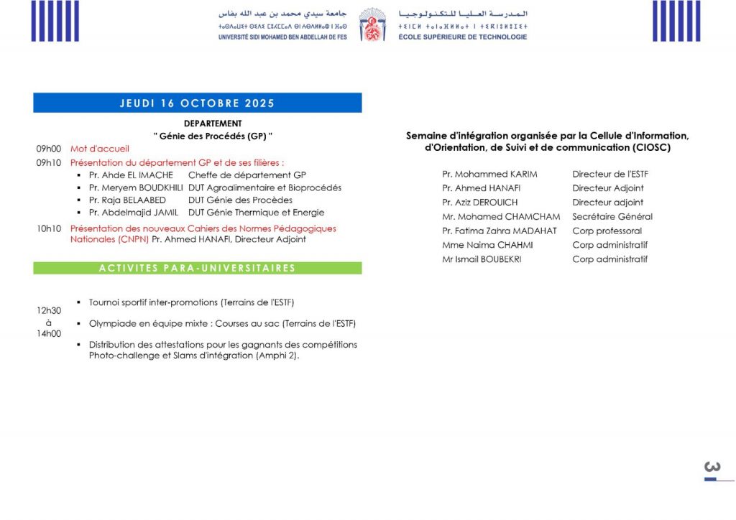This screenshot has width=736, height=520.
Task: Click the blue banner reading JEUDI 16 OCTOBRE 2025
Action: (x=197, y=103)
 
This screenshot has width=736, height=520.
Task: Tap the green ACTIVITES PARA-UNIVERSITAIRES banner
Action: (x=197, y=268)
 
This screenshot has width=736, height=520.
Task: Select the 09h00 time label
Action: (x=49, y=149)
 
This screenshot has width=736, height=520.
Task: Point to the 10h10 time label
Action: (x=49, y=228)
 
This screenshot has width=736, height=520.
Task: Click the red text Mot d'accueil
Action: (x=99, y=149)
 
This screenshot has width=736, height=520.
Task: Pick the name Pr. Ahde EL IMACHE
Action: (x=131, y=175)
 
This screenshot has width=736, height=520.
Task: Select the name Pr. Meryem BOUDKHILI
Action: (x=136, y=187)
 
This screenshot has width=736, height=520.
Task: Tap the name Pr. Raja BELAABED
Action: (x=127, y=200)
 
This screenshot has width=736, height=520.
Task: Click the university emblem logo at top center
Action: (x=372, y=24)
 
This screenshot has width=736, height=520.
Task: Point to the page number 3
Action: (x=712, y=468)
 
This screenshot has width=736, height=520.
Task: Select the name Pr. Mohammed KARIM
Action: (x=489, y=174)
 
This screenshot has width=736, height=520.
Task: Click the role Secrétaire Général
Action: (x=612, y=216)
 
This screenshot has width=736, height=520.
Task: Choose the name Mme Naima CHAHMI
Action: (x=487, y=245)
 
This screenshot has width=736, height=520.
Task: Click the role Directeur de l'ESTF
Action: (x=610, y=174)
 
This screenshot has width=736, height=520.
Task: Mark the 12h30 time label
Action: (x=49, y=310)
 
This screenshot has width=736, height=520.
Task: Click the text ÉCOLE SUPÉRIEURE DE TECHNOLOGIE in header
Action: (x=462, y=37)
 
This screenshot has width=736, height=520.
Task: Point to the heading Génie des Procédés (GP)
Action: (x=213, y=136)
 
